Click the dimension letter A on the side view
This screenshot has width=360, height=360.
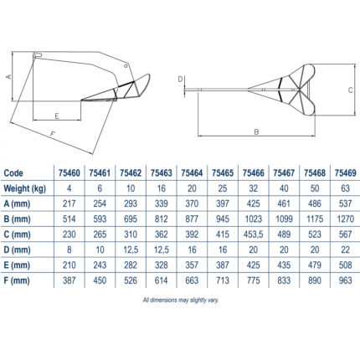coord(9,76)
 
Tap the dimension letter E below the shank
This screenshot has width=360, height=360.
coord(57,116)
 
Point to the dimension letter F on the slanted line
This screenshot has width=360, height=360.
coord(53,134)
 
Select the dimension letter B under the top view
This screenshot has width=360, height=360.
coord(256,131)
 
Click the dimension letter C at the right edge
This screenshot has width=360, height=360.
coord(351,90)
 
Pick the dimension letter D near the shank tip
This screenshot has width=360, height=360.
coord(180,80)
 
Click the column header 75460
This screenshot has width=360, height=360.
coord(69,173)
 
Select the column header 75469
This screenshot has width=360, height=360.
coord(346,173)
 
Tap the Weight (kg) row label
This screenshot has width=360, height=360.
coord(25,188)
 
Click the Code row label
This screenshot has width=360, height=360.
coord(13,173)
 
